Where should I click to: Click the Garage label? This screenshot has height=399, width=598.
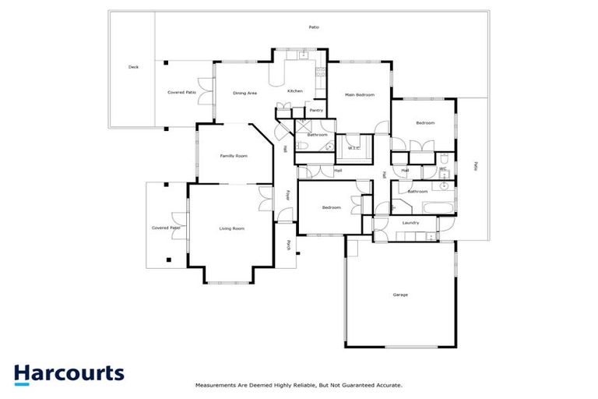point(400,295)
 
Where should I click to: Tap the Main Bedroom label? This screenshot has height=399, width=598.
point(360,95)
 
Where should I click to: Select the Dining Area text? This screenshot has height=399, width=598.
point(245,93)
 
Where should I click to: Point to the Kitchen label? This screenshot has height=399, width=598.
point(295,91)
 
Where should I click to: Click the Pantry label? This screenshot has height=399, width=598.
point(316,111)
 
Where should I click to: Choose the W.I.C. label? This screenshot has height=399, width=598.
point(353,148)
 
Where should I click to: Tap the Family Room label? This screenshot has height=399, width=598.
point(233,156)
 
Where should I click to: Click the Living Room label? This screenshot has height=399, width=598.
point(231,228)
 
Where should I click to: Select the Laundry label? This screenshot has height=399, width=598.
point(411,223)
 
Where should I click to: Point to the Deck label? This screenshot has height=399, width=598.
point(133,68)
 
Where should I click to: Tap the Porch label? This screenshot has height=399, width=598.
point(287,244)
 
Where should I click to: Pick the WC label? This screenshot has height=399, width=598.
point(442,169)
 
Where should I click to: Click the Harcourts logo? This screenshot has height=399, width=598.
point(69,373)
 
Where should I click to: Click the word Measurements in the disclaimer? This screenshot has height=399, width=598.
point(216,385)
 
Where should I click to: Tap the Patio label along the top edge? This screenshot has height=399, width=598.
point(314,27)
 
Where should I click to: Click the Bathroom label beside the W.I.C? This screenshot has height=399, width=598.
point(317,135)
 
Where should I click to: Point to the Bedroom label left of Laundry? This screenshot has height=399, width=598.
point(332,207)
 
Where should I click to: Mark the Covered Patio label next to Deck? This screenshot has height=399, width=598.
point(181,92)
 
